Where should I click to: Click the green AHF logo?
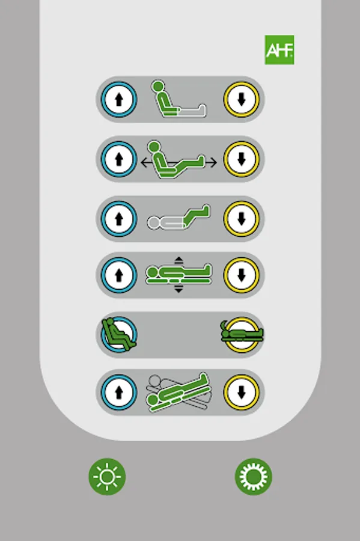pyautogui.click(x=279, y=50)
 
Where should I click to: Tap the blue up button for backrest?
pyautogui.click(x=119, y=99)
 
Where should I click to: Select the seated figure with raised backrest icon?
pyautogui.click(x=179, y=99)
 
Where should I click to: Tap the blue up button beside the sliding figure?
pyautogui.click(x=119, y=159)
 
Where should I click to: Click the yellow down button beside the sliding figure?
pyautogui.click(x=242, y=159)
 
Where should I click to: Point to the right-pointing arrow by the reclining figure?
pyautogui.click(x=211, y=162)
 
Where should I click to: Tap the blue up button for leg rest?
pyautogui.click(x=119, y=219)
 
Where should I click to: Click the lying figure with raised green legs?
pyautogui.click(x=179, y=218)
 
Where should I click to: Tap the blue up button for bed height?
pyautogui.click(x=119, y=275)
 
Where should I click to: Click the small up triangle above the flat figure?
pyautogui.click(x=178, y=260)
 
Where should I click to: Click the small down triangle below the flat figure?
pyautogui.click(x=178, y=290)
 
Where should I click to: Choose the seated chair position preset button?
pyautogui.click(x=119, y=335)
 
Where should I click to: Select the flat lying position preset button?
pyautogui.click(x=242, y=335)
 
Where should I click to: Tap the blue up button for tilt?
pyautogui.click(x=119, y=393)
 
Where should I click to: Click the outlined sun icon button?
pyautogui.click(x=107, y=477)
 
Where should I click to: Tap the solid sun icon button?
pyautogui.click(x=254, y=477)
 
